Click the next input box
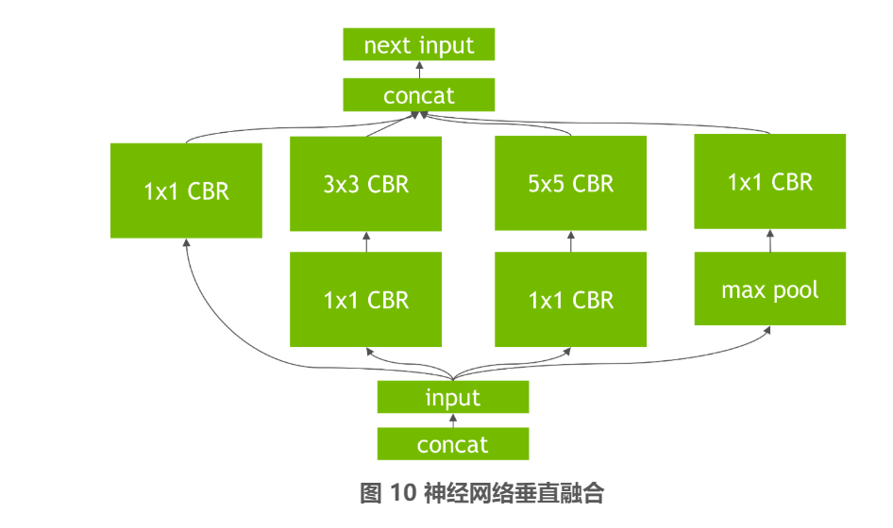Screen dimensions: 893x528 point(418,44)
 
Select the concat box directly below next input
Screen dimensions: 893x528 point(418,95)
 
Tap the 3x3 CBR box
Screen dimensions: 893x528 point(365,184)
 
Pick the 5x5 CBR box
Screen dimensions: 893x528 point(571,183)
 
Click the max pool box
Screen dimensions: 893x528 point(770,289)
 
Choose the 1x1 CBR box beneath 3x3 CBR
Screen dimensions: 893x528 point(365,299)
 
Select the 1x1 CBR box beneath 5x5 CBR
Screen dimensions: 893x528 point(571,299)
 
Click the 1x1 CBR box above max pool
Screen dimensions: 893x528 point(770,181)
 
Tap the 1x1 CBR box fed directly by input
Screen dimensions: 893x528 point(186,190)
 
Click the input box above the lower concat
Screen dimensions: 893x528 point(453,397)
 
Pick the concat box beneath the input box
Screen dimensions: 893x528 point(453,444)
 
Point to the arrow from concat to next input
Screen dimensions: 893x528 point(420,70)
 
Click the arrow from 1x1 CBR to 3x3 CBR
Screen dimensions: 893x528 point(366,241)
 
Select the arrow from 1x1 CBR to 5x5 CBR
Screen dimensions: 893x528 point(571,241)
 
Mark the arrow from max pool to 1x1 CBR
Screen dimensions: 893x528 point(770,240)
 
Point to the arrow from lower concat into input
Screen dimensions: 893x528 point(453,421)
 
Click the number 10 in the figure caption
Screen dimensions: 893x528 point(403,493)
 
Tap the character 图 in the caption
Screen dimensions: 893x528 point(371,493)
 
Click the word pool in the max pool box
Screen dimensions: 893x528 point(796,290)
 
